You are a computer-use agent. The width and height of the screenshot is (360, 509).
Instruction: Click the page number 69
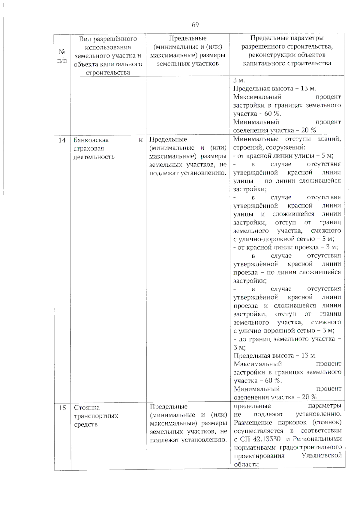tap(195, 25)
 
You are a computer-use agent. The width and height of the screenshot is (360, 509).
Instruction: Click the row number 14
tap(62, 140)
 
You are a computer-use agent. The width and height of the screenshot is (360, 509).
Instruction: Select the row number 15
tap(62, 408)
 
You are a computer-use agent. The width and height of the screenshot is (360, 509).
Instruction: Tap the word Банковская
tap(91, 140)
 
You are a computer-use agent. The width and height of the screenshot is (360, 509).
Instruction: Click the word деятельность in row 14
tap(94, 157)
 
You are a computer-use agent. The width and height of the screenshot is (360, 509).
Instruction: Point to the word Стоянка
tap(87, 407)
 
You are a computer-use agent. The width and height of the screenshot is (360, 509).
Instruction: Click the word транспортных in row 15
tap(96, 416)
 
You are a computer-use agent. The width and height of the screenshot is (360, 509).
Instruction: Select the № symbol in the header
tap(62, 52)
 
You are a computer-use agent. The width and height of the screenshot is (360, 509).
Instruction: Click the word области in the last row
tap(246, 464)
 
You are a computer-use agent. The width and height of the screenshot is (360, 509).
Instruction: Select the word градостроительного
tap(310, 447)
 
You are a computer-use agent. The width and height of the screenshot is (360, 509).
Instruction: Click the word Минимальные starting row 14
tap(256, 139)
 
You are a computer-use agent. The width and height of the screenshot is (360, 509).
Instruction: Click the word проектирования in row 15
tap(259, 456)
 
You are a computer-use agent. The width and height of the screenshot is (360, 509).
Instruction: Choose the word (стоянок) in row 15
tap(326, 422)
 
